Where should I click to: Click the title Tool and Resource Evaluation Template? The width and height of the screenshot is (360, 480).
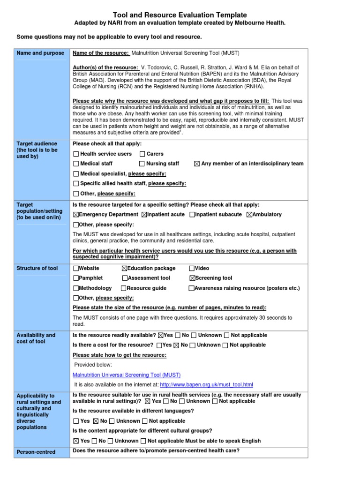(x=180, y=15)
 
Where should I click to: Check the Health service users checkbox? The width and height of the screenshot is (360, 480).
(x=76, y=154)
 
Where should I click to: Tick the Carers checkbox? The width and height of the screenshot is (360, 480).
(x=142, y=154)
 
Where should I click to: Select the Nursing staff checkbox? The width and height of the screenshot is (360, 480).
(x=142, y=164)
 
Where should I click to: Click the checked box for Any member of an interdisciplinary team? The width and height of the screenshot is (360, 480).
(x=196, y=164)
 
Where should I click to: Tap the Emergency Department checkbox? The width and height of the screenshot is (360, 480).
(x=76, y=215)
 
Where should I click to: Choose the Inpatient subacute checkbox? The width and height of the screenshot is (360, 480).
(x=192, y=215)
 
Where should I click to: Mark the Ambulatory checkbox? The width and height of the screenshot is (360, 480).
(x=249, y=215)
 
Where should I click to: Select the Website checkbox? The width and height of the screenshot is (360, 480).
(x=76, y=269)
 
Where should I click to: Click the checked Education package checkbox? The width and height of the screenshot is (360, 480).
(x=124, y=269)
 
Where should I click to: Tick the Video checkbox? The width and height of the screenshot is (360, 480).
(x=192, y=269)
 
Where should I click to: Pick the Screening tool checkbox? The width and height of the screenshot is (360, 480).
(x=192, y=278)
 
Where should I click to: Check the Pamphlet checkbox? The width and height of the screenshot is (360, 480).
(x=76, y=278)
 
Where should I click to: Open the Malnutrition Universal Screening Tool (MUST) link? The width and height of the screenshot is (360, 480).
(x=127, y=375)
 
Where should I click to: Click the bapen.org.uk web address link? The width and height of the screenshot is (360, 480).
(x=206, y=385)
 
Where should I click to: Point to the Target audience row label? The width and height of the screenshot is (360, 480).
(x=37, y=150)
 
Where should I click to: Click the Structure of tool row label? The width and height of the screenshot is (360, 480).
(x=37, y=268)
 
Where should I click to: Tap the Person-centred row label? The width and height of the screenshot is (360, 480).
(x=36, y=452)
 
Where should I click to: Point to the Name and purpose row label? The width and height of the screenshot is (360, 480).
(x=40, y=53)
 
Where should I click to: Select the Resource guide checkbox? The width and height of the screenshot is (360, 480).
(x=124, y=288)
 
